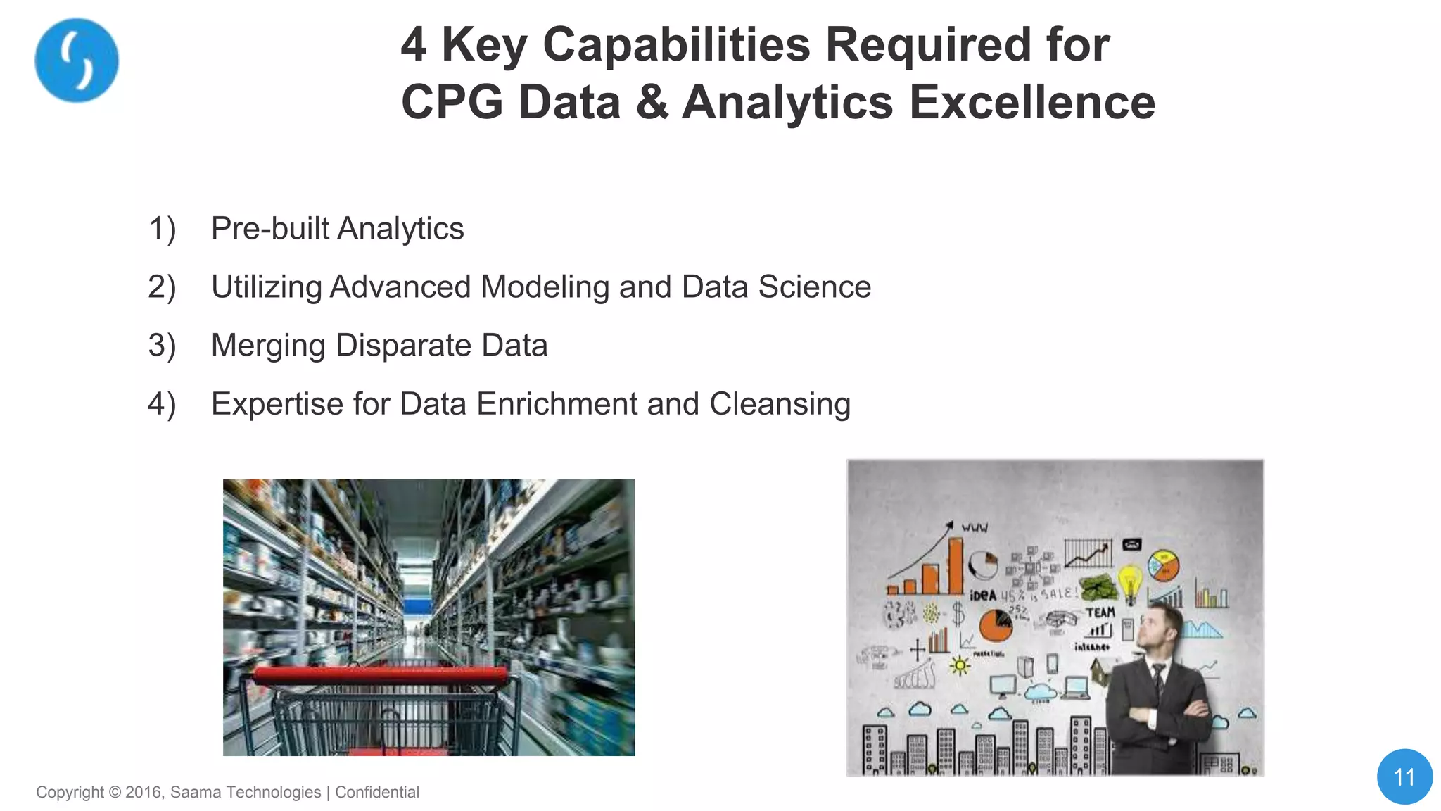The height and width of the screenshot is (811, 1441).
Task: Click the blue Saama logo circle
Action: (77, 61)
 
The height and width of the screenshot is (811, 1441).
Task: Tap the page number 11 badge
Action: (1404, 777)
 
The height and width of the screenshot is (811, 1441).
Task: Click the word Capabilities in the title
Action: (676, 44)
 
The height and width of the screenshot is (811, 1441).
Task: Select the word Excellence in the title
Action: (1031, 102)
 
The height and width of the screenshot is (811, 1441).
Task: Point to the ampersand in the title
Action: (652, 102)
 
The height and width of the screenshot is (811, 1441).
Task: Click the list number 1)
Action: (162, 229)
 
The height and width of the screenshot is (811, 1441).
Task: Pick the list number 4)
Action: (162, 404)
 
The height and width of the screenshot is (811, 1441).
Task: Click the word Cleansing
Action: (780, 405)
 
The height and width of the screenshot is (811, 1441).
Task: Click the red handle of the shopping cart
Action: (380, 676)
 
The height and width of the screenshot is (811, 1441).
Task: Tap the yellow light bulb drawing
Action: (1130, 581)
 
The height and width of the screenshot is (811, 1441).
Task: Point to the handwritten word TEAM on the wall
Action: (1100, 612)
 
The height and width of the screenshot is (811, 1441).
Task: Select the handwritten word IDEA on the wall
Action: (983, 596)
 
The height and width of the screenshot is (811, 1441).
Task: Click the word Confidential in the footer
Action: (377, 792)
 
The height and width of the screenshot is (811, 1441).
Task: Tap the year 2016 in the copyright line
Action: (144, 792)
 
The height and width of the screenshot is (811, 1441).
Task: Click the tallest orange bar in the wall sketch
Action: (955, 566)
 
